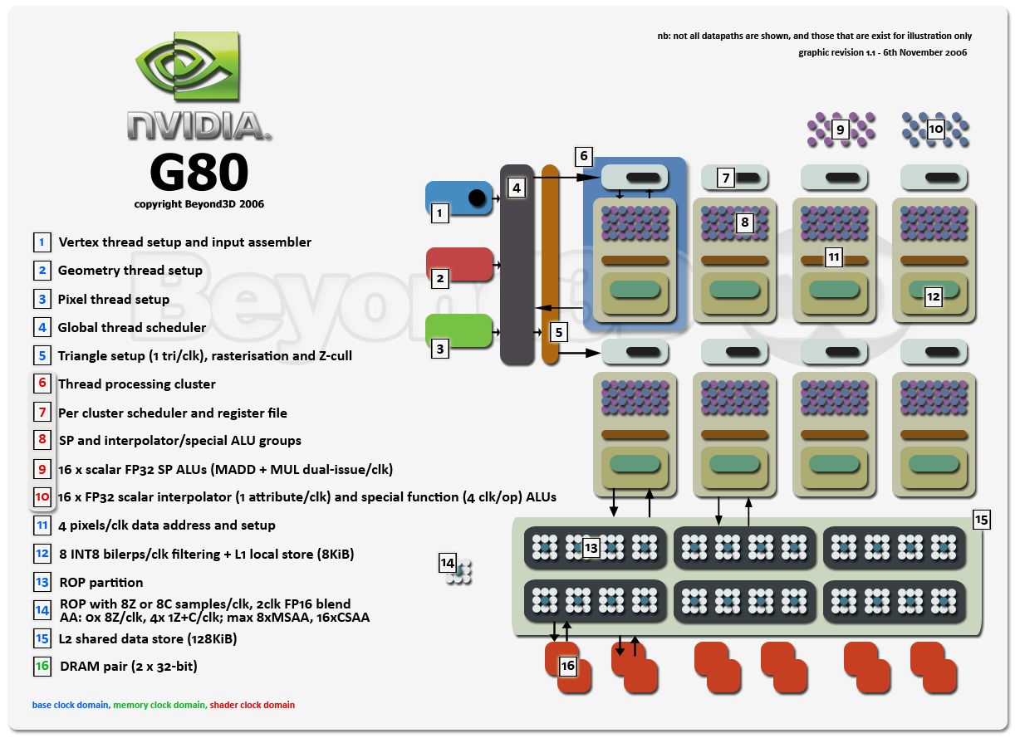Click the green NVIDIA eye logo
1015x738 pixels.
click(x=187, y=66)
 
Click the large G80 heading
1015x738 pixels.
click(x=199, y=172)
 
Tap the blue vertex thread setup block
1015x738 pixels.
click(x=458, y=198)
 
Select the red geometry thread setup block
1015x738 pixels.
click(x=459, y=264)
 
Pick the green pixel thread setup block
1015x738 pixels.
click(x=458, y=330)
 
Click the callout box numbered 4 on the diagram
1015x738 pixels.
click(x=517, y=188)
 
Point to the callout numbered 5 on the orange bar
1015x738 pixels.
click(x=559, y=333)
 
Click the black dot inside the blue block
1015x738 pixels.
click(x=477, y=198)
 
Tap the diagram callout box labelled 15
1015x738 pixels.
click(x=982, y=520)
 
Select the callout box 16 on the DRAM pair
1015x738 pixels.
click(x=568, y=666)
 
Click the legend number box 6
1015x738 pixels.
click(x=42, y=383)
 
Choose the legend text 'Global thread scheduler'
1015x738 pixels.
click(x=132, y=327)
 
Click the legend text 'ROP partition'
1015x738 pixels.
click(x=101, y=582)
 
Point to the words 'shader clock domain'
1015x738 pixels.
click(x=252, y=705)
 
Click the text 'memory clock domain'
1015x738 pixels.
click(x=159, y=705)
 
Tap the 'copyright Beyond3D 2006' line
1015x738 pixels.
click(x=199, y=204)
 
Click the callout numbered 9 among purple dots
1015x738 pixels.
click(x=840, y=130)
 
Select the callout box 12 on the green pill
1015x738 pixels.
click(x=933, y=297)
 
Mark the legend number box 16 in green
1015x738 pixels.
click(x=42, y=667)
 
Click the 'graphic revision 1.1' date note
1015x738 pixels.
click(x=882, y=52)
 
